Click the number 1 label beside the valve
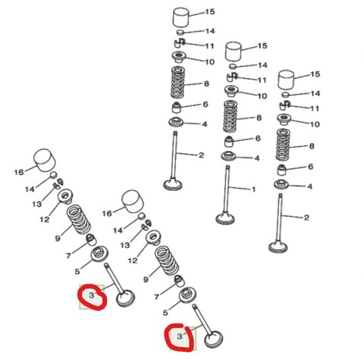pyautogui.click(x=253, y=189)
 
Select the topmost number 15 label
pyautogui.click(x=210, y=13)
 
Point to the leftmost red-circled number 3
pyautogui.click(x=91, y=294)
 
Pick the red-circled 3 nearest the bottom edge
pyautogui.click(x=180, y=333)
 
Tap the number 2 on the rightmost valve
pyautogui.click(x=306, y=218)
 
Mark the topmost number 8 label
pyautogui.click(x=206, y=83)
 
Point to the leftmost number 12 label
pyautogui.click(x=44, y=220)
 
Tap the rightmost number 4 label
pyautogui.click(x=310, y=186)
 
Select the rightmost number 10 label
pyautogui.click(x=314, y=124)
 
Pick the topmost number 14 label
pyautogui.click(x=210, y=31)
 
